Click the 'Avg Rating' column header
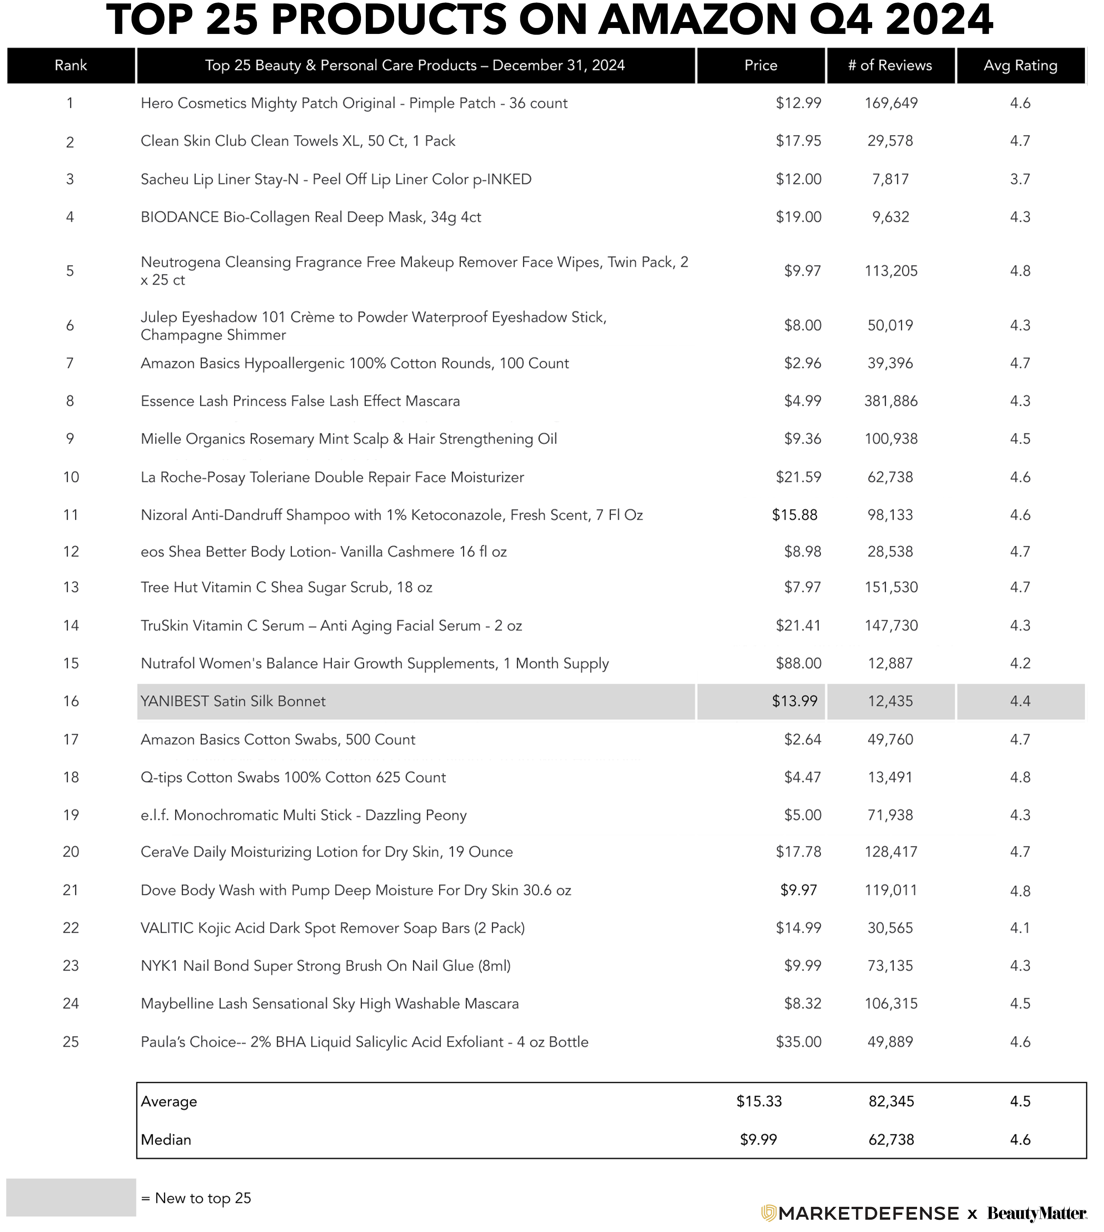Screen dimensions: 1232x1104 1020,66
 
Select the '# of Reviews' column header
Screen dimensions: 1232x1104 890,66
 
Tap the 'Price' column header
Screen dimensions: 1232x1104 761,66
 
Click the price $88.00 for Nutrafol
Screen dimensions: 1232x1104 798,663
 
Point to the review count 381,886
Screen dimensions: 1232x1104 891,401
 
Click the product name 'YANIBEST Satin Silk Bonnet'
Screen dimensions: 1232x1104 233,701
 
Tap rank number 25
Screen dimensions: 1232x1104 71,1042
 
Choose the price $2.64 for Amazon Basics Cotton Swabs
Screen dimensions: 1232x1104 803,739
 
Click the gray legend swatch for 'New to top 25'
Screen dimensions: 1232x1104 71,1197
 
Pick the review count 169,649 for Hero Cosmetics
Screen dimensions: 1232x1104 891,103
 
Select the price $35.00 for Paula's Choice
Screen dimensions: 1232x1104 798,1042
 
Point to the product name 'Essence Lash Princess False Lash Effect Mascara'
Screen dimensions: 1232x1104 300,401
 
